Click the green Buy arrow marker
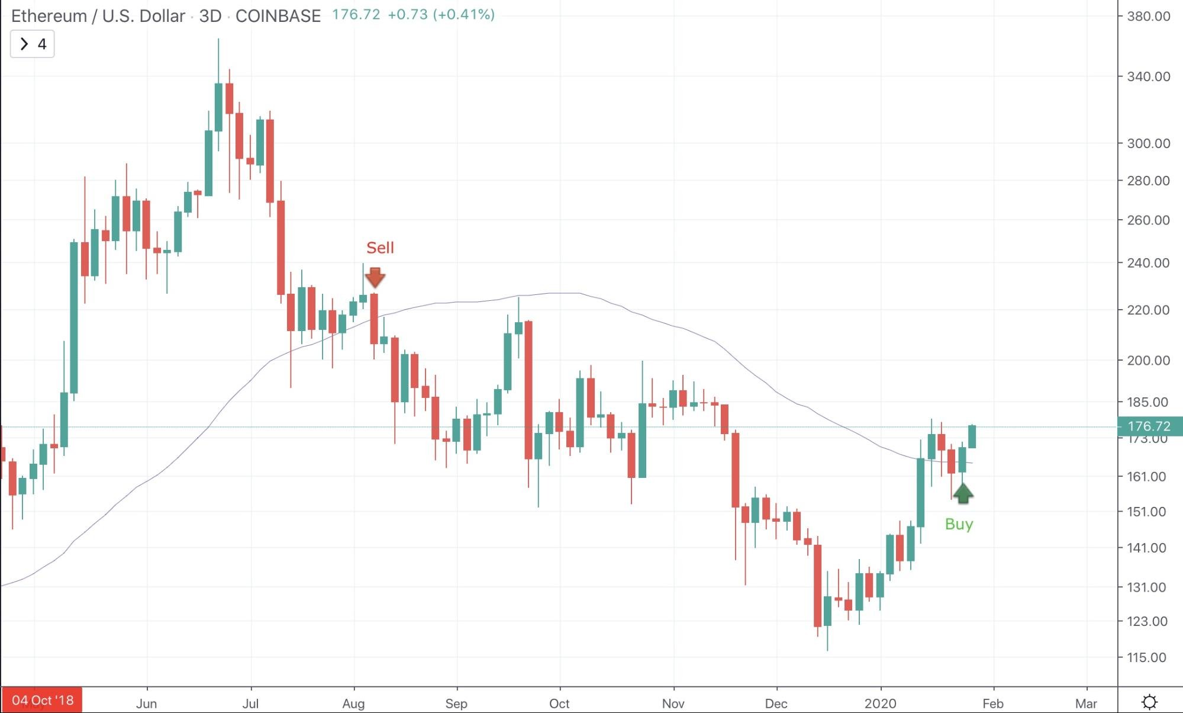point(963,493)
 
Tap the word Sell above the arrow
point(380,248)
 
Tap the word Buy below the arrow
point(959,524)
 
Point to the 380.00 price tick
point(1148,16)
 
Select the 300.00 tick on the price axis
point(1148,143)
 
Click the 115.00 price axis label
point(1146,657)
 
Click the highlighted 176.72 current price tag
point(1149,426)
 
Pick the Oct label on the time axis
point(559,704)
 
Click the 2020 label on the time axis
point(881,704)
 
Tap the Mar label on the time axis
point(1086,704)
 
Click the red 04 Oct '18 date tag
point(43,701)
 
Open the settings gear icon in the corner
point(1149,702)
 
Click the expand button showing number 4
point(33,44)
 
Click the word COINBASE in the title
point(278,16)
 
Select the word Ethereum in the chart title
point(49,16)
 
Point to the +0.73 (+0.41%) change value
point(441,14)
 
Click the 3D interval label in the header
point(210,16)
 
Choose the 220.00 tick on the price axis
point(1148,310)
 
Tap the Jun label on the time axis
point(146,704)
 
